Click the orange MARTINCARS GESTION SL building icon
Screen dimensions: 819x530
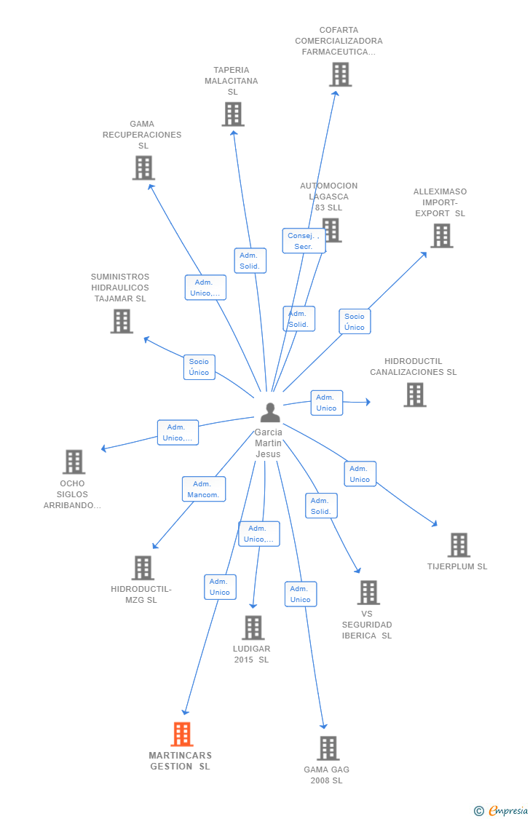click(182, 734)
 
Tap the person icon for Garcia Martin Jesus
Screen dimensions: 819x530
click(270, 413)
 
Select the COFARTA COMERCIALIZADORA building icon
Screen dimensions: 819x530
click(340, 74)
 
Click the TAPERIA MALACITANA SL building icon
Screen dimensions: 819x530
click(233, 114)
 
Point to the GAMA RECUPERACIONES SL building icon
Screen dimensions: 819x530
click(143, 168)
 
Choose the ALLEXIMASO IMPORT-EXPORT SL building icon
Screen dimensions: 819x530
click(441, 236)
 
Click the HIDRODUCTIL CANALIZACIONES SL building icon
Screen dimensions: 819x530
click(415, 395)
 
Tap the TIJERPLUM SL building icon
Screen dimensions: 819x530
click(459, 545)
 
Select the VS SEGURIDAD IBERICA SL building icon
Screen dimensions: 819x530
click(368, 593)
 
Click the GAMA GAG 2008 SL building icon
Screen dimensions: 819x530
click(328, 748)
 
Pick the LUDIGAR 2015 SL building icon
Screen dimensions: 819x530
click(253, 628)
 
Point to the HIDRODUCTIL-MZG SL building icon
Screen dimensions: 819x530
click(143, 568)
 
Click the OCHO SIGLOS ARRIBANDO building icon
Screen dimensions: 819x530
click(74, 462)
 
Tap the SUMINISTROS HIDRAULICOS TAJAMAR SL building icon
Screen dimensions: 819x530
click(122, 321)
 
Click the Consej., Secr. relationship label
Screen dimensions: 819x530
click(304, 241)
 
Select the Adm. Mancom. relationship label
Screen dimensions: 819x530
click(204, 489)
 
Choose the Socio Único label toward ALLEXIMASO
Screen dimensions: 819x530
click(355, 322)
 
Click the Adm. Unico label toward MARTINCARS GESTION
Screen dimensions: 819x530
click(220, 587)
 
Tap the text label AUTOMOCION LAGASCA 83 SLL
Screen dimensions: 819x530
click(329, 197)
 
